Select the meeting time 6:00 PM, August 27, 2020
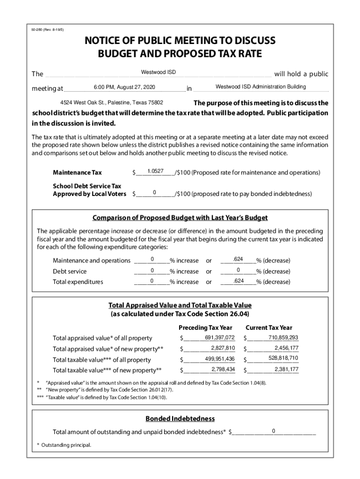click(124, 87)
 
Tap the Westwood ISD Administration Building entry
click(260, 87)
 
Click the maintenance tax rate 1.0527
click(155, 171)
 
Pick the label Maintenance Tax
click(77, 173)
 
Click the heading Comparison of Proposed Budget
click(180, 218)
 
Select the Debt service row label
click(70, 271)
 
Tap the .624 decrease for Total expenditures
click(238, 281)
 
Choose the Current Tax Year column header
click(269, 327)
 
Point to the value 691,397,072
click(219, 338)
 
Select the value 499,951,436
click(219, 359)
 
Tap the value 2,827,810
click(223, 348)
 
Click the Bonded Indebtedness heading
click(180, 418)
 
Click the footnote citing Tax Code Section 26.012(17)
click(109, 389)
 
